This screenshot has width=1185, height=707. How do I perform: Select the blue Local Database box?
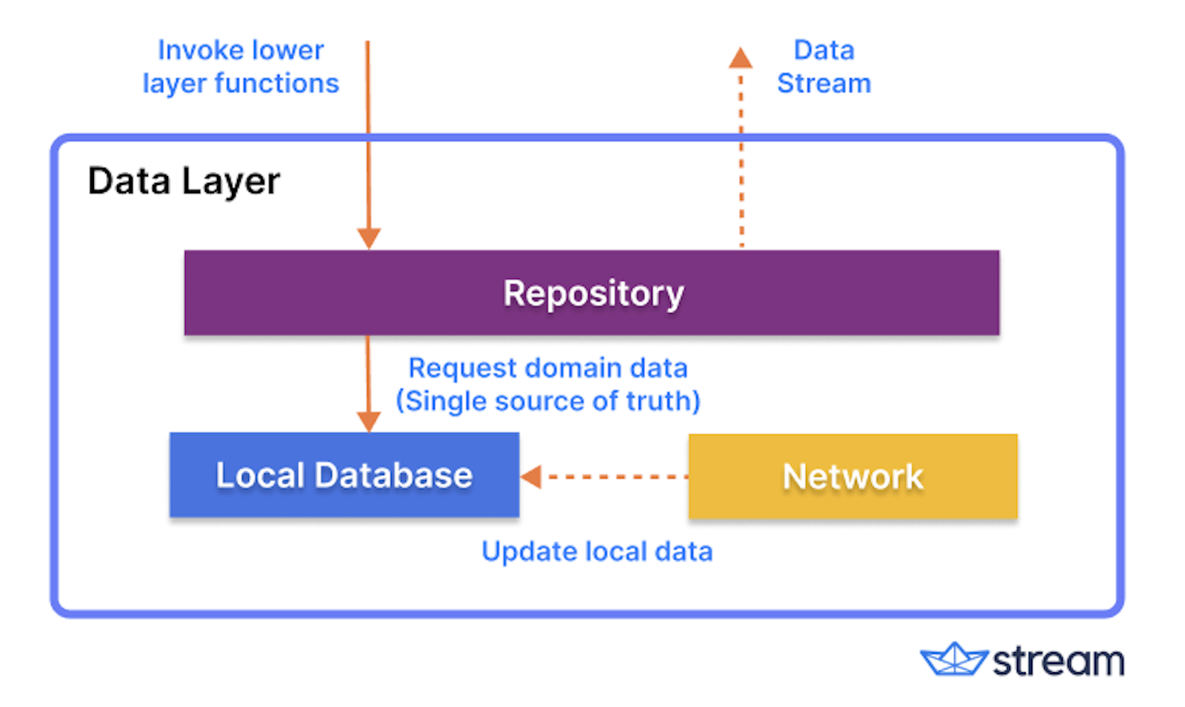344,475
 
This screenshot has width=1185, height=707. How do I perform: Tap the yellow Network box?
852,476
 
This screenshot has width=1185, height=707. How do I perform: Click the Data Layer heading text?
184,181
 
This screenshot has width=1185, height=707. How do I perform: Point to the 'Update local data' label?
597,552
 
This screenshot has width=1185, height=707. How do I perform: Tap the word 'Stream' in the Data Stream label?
824,84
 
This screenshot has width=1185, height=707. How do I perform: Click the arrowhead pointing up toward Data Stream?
740,58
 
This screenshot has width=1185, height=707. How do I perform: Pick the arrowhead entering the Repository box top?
368,238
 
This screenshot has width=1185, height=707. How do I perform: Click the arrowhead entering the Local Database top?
368,421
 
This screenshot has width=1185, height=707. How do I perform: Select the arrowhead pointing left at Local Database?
531,477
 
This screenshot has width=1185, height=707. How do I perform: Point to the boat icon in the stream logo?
953,660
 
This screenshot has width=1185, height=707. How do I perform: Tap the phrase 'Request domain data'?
548,368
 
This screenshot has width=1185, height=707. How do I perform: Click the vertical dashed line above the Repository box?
741,170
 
